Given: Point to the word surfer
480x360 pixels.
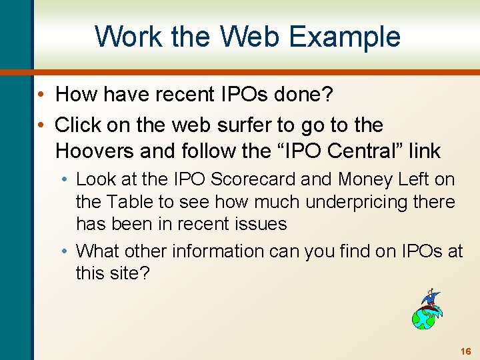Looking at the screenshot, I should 252,125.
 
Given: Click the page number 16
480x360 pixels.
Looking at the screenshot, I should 465,351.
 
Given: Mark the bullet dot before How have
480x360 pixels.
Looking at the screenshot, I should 41,95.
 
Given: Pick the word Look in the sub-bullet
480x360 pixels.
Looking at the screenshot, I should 97,179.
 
